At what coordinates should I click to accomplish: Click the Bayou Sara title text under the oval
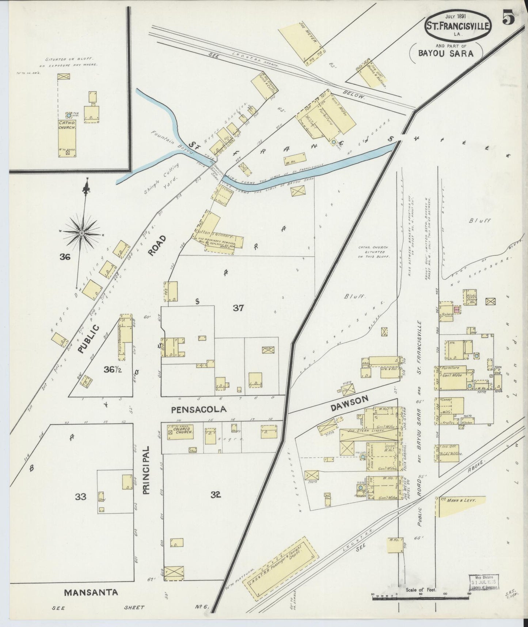pos(446,53)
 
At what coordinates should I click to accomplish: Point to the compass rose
pos(82,233)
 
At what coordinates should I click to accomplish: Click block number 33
pos(80,496)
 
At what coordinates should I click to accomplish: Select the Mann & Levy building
pos(461,506)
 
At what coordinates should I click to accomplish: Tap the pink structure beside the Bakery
pos(456,309)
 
